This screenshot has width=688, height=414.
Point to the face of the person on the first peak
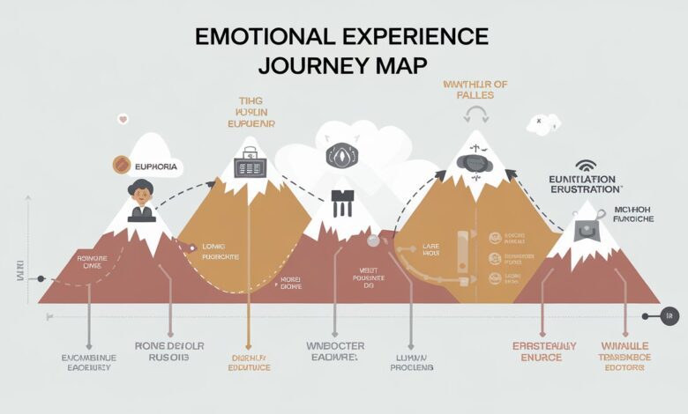click(x=140, y=189)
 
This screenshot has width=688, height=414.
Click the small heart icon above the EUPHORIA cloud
click(x=123, y=119)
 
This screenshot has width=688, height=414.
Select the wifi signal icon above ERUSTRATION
click(x=585, y=165)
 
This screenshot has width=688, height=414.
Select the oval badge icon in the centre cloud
click(x=340, y=156)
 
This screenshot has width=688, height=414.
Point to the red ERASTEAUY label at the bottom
click(x=544, y=346)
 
